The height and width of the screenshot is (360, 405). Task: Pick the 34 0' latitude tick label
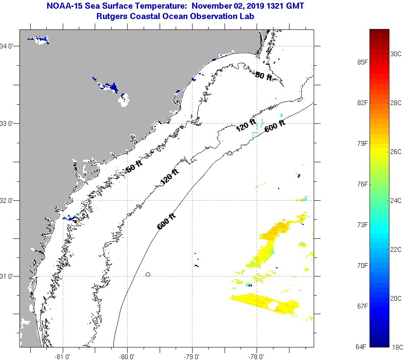[x=10, y=46]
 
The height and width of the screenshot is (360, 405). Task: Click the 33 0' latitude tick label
[x=10, y=123]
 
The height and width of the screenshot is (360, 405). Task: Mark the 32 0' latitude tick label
[x=10, y=200]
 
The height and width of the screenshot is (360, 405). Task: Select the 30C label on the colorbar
[x=396, y=54]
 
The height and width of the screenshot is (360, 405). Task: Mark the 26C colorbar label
[x=396, y=152]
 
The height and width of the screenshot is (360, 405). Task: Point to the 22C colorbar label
[x=396, y=250]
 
